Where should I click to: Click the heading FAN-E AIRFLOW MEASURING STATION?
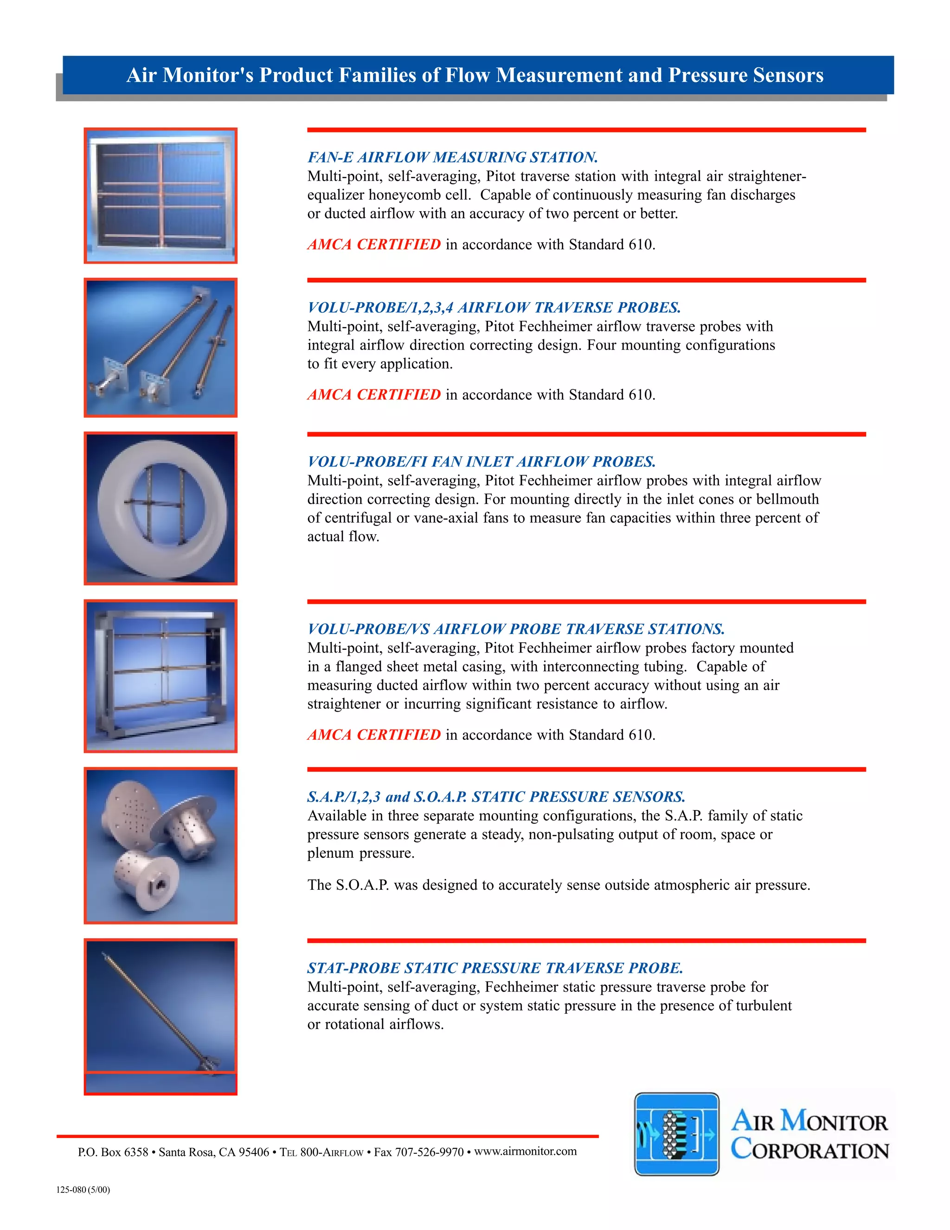[452, 157]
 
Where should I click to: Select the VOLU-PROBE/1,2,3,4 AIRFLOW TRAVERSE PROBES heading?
[494, 307]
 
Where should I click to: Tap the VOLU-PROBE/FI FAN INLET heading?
[481, 462]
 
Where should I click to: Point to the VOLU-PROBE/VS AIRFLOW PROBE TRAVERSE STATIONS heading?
[515, 629]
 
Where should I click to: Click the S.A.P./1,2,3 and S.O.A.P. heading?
[496, 797]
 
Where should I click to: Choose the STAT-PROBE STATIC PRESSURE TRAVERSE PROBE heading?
[494, 968]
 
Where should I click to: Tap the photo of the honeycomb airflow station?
[161, 195]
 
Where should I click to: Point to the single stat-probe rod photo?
[161, 1016]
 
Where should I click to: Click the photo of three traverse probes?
[161, 348]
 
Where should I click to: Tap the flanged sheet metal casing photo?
[161, 675]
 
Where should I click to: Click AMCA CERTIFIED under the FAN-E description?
[374, 245]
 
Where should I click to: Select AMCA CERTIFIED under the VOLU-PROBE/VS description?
[374, 735]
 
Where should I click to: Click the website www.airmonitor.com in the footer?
[525, 1151]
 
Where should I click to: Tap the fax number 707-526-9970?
[429, 1152]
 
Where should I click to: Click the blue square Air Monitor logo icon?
[676, 1134]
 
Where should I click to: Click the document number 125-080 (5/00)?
[83, 1190]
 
